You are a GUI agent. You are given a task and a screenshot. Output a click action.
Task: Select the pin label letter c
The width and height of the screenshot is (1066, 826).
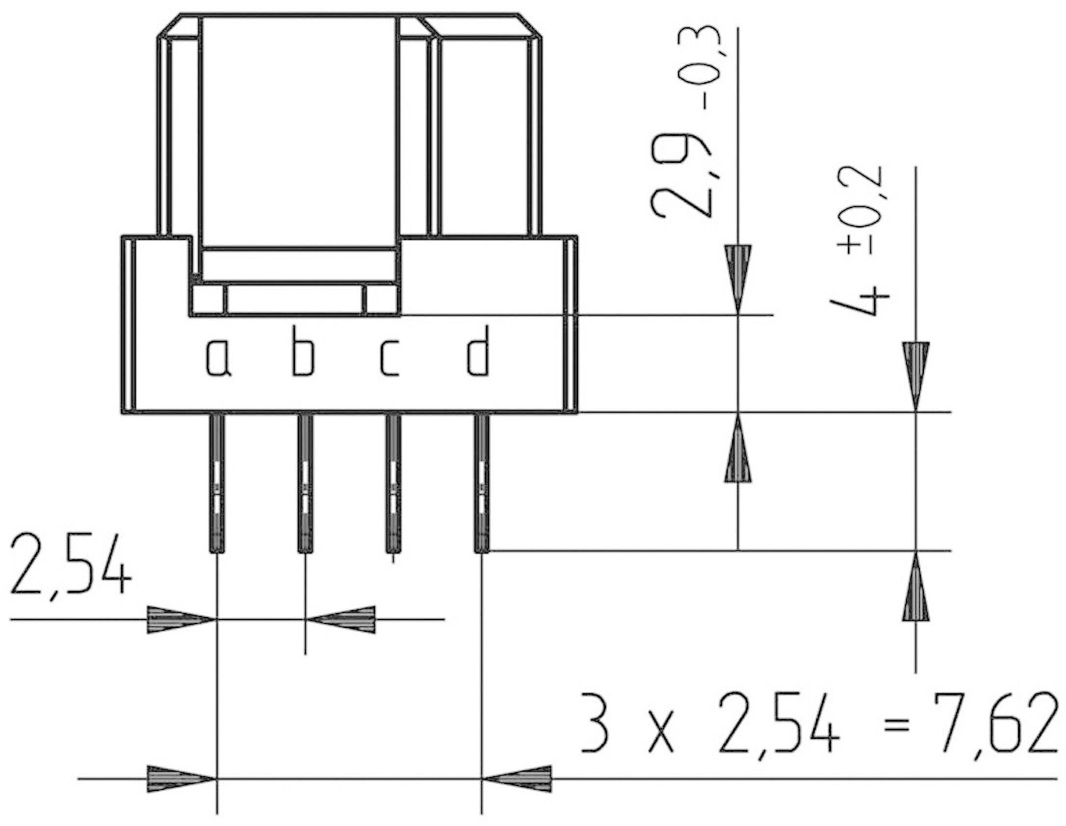(x=389, y=359)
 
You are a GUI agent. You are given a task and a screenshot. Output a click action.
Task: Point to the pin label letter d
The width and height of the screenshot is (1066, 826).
(x=478, y=351)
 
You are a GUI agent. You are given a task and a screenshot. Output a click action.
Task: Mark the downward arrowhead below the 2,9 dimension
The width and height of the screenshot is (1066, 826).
(x=738, y=277)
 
